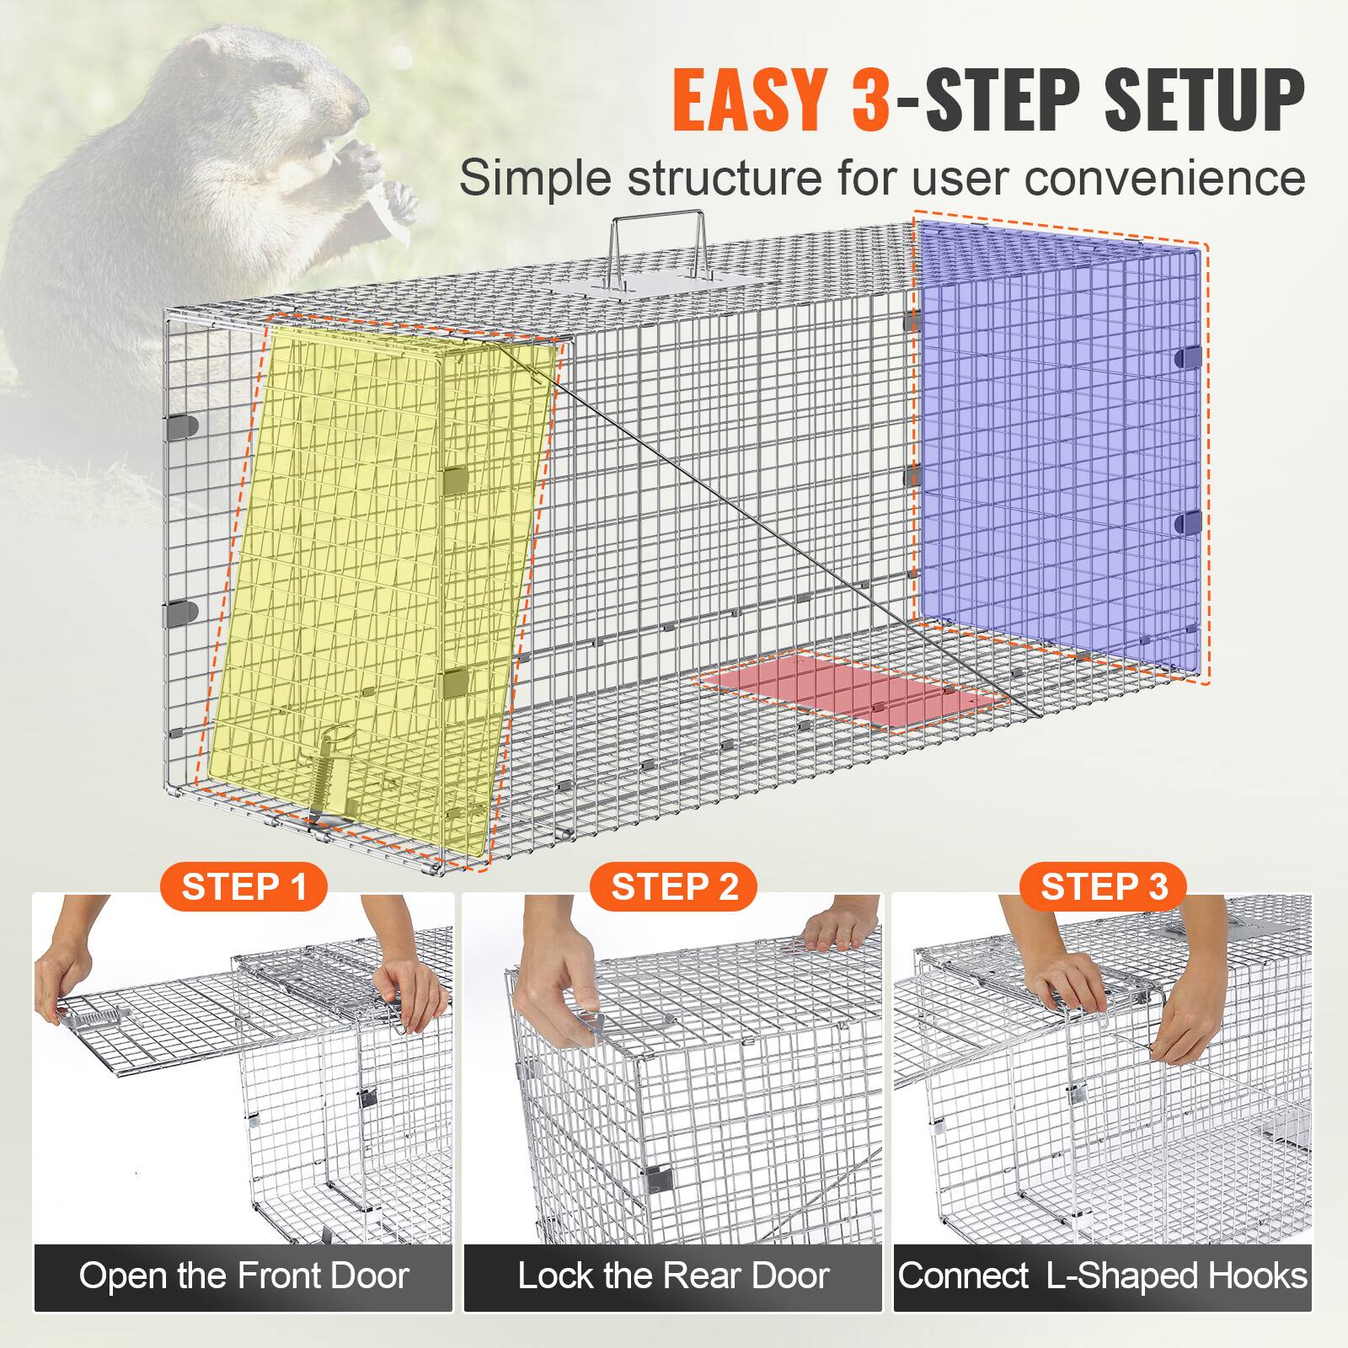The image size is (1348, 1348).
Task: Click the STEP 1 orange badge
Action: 243,887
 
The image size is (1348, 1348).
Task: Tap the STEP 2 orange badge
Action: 674,887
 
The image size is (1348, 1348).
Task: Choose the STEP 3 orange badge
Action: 1104,887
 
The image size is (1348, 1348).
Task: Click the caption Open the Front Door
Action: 243,1276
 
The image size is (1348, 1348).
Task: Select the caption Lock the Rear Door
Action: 673,1276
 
